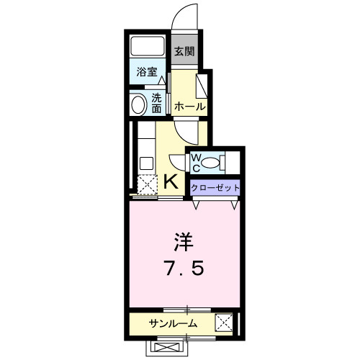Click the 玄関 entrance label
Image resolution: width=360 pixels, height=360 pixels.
185,51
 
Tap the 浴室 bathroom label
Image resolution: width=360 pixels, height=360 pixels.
148,72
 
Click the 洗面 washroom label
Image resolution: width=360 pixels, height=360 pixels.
157,104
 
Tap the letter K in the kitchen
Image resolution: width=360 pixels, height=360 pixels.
171,181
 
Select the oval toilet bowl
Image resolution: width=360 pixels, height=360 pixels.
213,161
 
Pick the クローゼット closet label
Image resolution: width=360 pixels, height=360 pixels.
215,187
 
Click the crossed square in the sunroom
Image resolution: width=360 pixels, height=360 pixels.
224,323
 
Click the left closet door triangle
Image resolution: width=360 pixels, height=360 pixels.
196,204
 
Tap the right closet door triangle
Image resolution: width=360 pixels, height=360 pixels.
235,204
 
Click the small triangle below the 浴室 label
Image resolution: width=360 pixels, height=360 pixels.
162,81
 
